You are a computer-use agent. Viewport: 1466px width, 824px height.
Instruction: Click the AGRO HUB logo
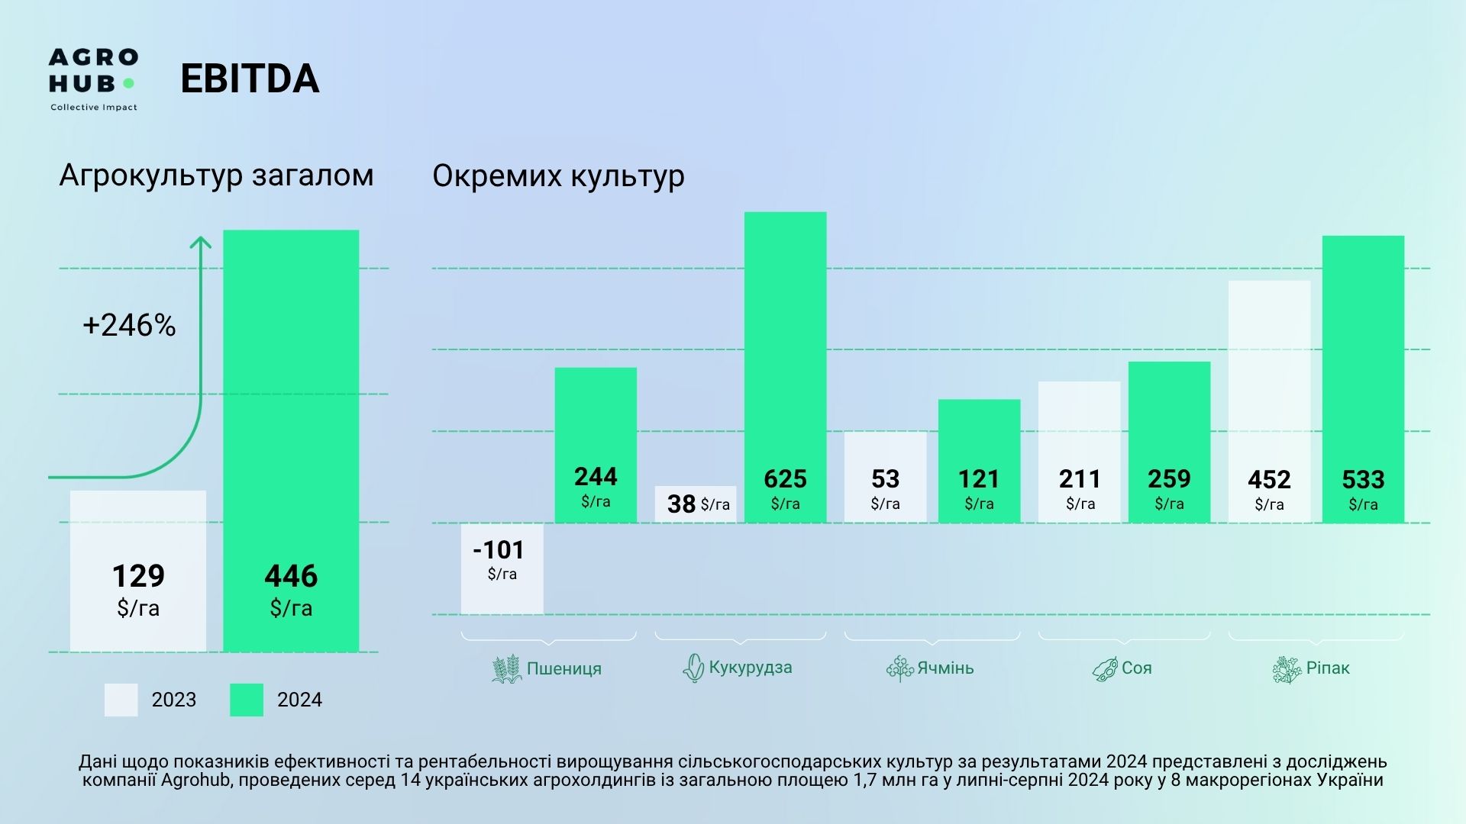93,79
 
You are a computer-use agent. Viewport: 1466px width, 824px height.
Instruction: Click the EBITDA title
250,79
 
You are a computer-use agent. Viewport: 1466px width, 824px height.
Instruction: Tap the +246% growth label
129,326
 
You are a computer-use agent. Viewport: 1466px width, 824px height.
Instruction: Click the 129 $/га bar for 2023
138,571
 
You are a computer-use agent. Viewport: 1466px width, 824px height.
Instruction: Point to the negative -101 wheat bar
502,568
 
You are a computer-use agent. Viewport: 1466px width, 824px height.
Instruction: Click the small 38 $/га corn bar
696,504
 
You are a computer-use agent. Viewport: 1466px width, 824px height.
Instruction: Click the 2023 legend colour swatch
121,700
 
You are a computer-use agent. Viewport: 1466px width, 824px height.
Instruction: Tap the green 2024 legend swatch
247,700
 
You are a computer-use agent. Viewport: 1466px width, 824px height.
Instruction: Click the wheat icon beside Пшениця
506,669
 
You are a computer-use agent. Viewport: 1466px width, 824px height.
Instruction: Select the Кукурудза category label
750,668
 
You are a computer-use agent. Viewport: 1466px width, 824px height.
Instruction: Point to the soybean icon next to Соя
1105,669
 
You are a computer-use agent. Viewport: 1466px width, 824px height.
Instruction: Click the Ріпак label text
1328,668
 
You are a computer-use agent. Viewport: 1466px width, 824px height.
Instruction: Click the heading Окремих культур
558,176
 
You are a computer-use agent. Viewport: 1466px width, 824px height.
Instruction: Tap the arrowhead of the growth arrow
200,242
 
